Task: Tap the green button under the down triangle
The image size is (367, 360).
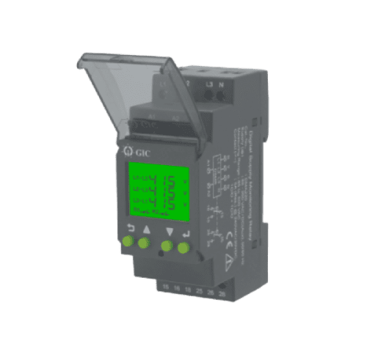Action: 167,246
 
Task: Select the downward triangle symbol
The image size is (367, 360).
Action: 169,232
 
